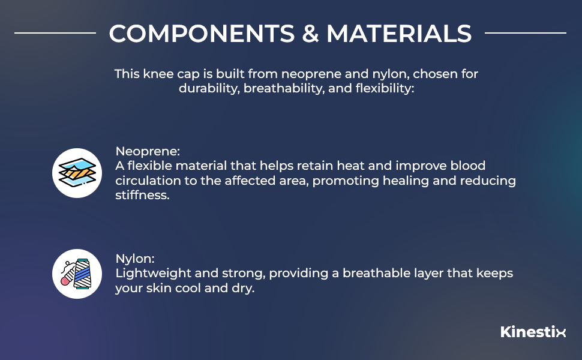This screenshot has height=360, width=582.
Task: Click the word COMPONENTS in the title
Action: [x=202, y=34]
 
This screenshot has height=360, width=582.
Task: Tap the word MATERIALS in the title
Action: [x=399, y=34]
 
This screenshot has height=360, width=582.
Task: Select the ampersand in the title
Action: [x=311, y=34]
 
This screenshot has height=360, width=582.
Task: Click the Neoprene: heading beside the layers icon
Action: [x=148, y=151]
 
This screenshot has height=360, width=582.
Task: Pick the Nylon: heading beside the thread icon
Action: [x=135, y=259]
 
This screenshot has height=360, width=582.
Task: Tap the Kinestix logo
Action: [x=533, y=331]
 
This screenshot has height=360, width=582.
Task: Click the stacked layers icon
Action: [x=77, y=173]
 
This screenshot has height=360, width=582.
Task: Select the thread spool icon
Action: [x=77, y=274]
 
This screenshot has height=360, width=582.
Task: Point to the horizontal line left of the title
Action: [x=55, y=33]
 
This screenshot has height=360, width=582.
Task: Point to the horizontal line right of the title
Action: [x=525, y=33]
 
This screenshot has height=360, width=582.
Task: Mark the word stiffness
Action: [x=142, y=195]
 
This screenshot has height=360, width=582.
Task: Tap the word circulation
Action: [x=156, y=181]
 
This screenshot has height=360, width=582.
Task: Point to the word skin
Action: [x=159, y=288]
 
